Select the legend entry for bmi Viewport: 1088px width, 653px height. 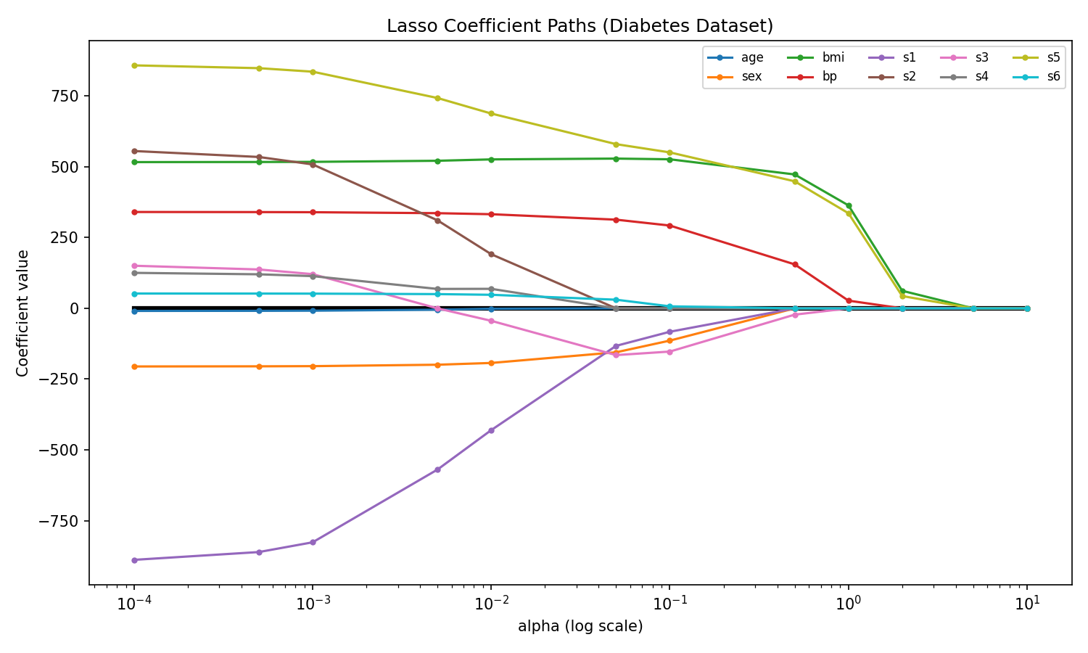tap(815, 57)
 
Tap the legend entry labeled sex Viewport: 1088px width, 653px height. tap(734, 76)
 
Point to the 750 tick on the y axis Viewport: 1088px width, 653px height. tap(65, 96)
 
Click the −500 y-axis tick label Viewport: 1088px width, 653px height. tap(59, 450)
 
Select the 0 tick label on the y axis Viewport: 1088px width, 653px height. tap(74, 308)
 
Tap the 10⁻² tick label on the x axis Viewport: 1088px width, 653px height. tap(491, 603)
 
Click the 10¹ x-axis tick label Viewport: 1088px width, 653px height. tap(1027, 603)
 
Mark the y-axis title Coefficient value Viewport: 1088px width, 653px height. tap(22, 313)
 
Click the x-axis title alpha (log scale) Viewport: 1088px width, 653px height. tap(580, 626)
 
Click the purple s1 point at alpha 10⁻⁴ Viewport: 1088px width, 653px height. tap(134, 560)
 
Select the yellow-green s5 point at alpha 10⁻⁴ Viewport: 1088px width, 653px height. tap(134, 65)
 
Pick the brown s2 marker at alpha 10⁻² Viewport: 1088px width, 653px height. tap(491, 255)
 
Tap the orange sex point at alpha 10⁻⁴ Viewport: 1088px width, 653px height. tap(134, 366)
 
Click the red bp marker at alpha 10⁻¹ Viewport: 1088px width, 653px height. tap(669, 226)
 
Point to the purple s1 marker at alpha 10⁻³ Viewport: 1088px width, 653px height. tap(313, 542)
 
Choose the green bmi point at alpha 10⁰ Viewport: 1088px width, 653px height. tap(849, 206)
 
